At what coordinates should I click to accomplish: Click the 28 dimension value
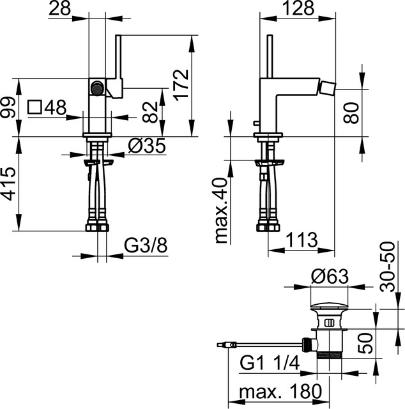(59, 8)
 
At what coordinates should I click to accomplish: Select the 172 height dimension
(181, 85)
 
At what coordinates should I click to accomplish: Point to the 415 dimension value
(10, 184)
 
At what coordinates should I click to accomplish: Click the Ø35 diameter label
(147, 146)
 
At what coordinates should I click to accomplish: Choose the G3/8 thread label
(146, 246)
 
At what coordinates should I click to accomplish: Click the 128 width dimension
(298, 8)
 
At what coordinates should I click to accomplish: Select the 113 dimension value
(302, 240)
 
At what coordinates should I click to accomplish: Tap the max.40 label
(222, 210)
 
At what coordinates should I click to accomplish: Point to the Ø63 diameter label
(330, 277)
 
